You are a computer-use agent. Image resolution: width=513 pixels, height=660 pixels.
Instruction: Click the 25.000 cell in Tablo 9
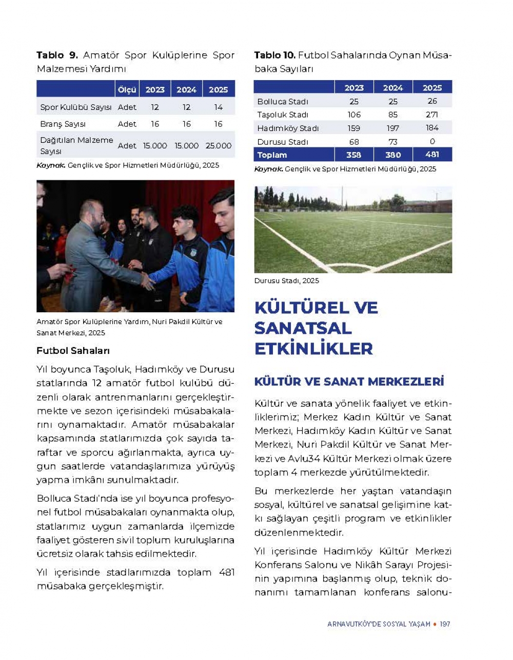click(x=219, y=146)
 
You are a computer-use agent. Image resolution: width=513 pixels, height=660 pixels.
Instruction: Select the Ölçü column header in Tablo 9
click(x=127, y=90)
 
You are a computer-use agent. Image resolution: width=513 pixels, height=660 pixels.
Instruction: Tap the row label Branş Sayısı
click(x=63, y=124)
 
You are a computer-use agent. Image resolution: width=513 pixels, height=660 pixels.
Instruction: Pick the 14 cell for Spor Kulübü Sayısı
click(x=219, y=107)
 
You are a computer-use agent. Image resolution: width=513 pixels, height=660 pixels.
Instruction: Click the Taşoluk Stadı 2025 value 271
click(x=432, y=115)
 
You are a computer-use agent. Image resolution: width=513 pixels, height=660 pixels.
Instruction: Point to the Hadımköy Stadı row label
click(x=288, y=128)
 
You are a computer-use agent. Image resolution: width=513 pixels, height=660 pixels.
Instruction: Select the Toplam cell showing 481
click(x=432, y=155)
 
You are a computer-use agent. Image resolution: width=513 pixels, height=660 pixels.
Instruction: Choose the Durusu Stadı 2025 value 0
click(x=432, y=142)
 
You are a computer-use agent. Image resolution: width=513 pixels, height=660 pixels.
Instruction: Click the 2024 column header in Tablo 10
click(x=393, y=88)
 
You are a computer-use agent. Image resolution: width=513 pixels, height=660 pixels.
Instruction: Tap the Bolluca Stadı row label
click(x=283, y=102)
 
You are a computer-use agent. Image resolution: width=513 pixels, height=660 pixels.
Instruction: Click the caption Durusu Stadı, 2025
click(x=286, y=281)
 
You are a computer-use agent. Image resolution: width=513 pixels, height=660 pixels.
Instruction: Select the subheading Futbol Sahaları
click(x=73, y=351)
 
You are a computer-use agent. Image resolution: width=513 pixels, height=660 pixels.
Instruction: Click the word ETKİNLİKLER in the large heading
click(x=313, y=349)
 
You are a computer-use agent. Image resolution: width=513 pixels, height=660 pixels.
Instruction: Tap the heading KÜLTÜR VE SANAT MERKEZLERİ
click(x=349, y=382)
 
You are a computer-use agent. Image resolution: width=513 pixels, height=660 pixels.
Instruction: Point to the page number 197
click(x=445, y=624)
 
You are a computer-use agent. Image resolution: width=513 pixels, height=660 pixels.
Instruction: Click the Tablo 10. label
click(x=274, y=55)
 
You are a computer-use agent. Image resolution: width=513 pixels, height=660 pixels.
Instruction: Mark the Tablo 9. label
click(x=56, y=55)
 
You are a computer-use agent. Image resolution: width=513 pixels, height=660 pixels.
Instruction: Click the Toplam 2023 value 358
click(x=353, y=155)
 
